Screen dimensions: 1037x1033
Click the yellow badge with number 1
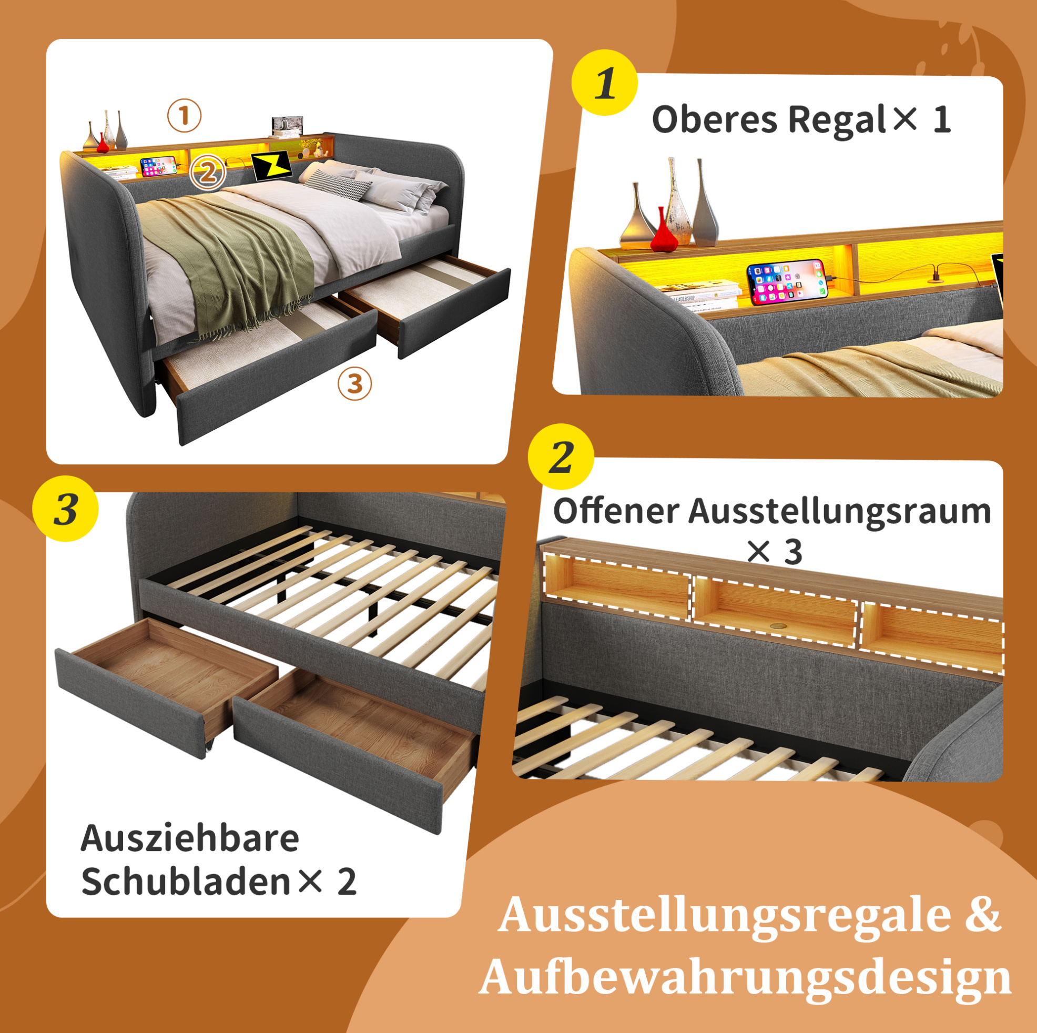tap(604, 83)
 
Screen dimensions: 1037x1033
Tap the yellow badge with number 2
tap(561, 457)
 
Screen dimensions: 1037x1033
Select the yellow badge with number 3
tap(66, 508)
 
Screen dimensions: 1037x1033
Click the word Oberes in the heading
tap(714, 120)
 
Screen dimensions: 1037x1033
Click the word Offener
tap(616, 511)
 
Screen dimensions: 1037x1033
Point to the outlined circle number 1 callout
tap(184, 115)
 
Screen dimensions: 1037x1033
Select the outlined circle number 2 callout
tap(208, 173)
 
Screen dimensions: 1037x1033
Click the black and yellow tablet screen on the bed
tap(271, 166)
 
